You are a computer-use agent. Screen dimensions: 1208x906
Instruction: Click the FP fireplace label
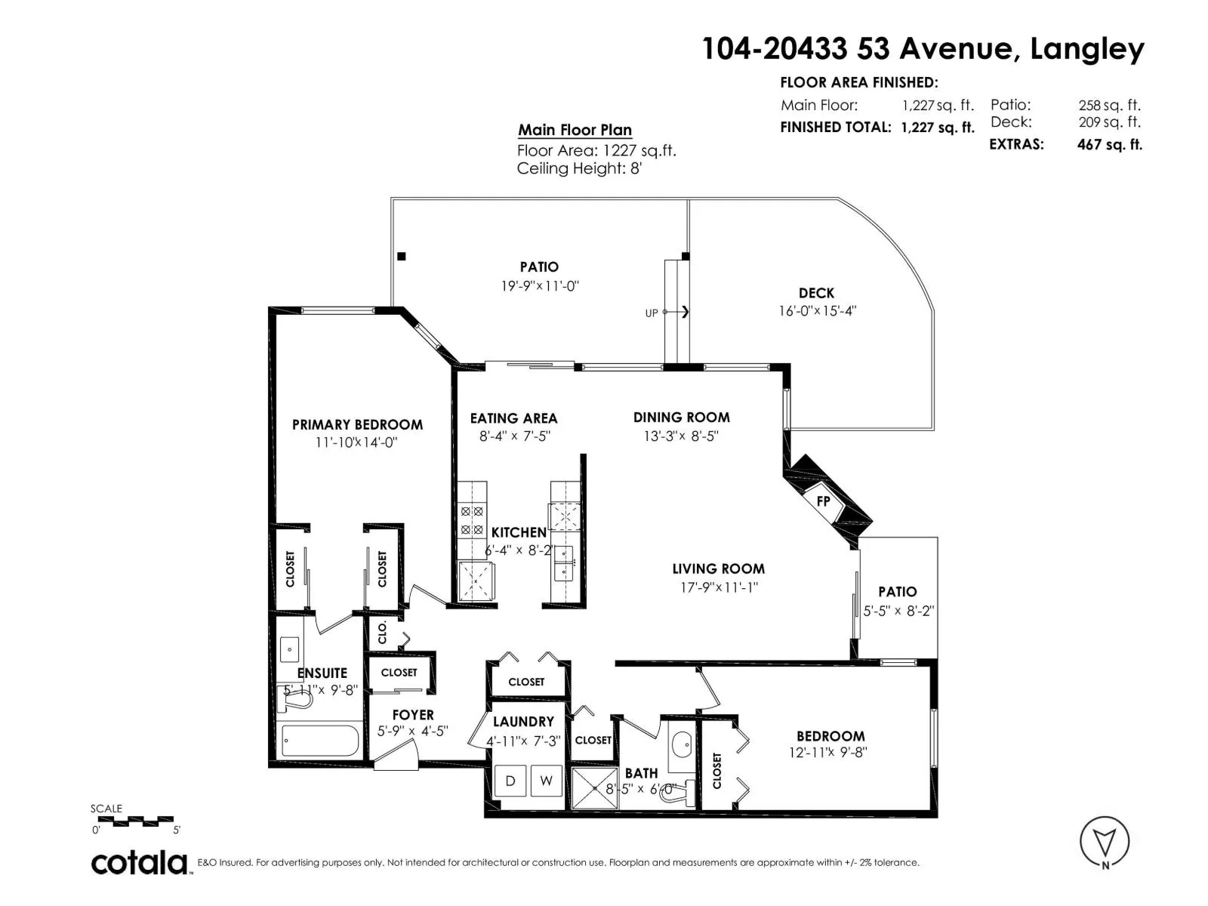[x=823, y=501]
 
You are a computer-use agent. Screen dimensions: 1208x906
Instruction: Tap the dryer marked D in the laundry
[x=510, y=781]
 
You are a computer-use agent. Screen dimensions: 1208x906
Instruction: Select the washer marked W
[x=546, y=781]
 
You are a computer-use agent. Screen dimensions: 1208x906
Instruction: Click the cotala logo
[x=139, y=863]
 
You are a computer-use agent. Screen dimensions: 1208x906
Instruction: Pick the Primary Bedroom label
[x=357, y=424]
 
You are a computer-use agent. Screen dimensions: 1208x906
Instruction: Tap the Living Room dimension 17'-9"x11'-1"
[x=719, y=587]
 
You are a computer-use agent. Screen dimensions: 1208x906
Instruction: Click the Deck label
[x=816, y=293]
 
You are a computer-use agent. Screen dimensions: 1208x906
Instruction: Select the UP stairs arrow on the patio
[x=676, y=312]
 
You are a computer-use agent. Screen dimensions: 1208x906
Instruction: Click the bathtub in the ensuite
[x=320, y=741]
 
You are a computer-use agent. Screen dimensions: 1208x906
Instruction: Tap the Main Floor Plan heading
[x=575, y=131]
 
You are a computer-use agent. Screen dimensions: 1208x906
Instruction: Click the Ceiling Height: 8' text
[x=580, y=168]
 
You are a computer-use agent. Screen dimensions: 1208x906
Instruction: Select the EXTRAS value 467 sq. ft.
[x=1110, y=145]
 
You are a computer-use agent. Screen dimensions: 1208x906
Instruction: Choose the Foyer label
[x=413, y=715]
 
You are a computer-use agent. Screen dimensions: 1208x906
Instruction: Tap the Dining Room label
[x=681, y=418]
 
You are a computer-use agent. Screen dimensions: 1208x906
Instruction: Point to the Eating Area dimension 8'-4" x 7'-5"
[x=515, y=436]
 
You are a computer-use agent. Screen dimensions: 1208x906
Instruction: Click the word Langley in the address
[x=1087, y=50]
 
